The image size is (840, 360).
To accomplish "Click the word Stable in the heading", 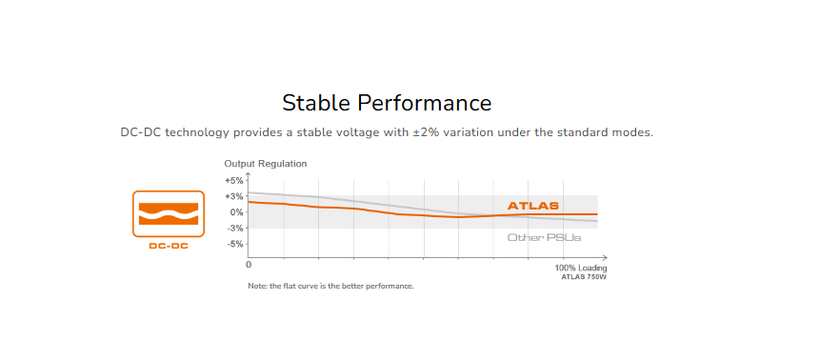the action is point(315,103).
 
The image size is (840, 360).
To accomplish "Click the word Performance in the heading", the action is point(425,103).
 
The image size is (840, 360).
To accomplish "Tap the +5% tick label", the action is point(234,180).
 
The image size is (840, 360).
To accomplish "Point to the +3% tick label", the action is point(234,196).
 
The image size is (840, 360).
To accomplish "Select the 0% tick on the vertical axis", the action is point(236,212).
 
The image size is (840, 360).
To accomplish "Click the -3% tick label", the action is point(235,229).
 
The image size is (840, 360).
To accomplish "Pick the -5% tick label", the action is point(235,244).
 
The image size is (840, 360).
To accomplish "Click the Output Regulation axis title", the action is point(266,164).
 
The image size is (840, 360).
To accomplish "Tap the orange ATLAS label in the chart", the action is point(533,206).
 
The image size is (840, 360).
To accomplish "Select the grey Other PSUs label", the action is point(545,237).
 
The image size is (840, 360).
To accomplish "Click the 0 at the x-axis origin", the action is point(249,265).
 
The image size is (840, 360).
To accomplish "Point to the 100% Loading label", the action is point(581,268).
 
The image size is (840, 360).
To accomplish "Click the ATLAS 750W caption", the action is point(584,277).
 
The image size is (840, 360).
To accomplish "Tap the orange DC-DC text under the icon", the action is point(169,247).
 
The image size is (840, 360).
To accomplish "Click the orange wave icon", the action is point(169,213).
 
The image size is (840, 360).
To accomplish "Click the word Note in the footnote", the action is point(255,286).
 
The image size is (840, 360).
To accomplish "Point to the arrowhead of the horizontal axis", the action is point(604,258).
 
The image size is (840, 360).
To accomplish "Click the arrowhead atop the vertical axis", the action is point(248,175).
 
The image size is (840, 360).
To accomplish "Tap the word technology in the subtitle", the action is point(198,133).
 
